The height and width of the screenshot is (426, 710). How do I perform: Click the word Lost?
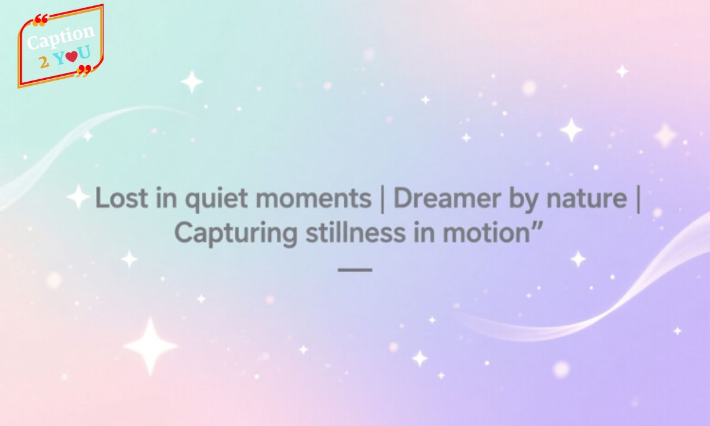click(x=120, y=199)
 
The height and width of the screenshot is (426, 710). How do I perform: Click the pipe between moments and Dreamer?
click(x=382, y=199)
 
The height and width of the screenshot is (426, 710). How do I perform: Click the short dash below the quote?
click(x=354, y=269)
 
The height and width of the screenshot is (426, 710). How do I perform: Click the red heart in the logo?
click(x=71, y=57)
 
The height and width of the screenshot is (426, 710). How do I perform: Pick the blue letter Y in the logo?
click(x=59, y=57)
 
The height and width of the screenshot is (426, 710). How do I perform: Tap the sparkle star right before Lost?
click(x=78, y=196)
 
